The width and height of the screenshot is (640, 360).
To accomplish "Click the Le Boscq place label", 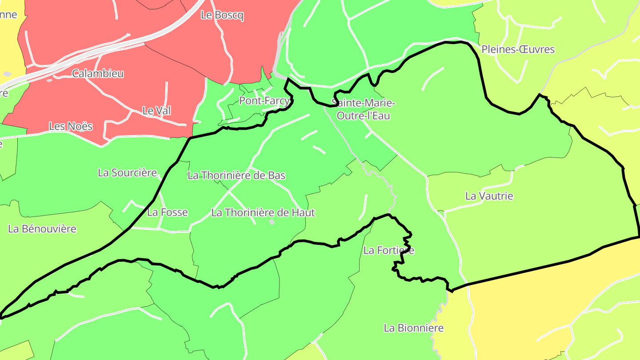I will tap(222, 15).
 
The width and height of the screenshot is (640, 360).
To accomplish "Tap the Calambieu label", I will tap(98, 73).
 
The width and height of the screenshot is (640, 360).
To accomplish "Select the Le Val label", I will tap(156, 111).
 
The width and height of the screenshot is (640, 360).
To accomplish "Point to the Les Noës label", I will tap(71, 126).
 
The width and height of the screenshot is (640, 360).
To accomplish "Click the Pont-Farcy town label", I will tap(264, 101).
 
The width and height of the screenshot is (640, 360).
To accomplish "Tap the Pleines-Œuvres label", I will tap(518, 49).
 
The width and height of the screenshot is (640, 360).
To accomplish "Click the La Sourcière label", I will tap(128, 173).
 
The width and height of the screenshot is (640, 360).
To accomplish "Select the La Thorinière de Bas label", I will tap(236, 176).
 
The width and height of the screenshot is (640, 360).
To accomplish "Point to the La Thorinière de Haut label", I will tap(263, 212).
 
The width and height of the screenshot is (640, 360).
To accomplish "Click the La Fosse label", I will tap(168, 212).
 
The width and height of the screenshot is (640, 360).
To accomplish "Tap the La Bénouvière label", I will tap(42, 229).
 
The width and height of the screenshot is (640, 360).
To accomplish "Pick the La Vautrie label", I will tap(489, 196).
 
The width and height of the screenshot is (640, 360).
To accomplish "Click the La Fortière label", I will tap(389, 251).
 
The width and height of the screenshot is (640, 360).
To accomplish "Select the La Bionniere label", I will tap(414, 328).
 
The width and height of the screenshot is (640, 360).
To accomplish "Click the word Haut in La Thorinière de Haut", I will tap(304, 212).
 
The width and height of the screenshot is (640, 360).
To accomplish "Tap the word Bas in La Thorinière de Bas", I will tap(277, 176).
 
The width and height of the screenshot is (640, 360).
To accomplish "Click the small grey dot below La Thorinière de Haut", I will tap(272, 221).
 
